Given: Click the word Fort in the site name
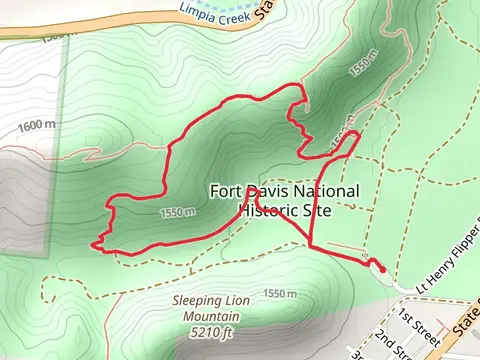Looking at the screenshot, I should click(x=226, y=191).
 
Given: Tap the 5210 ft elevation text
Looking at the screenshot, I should click(x=215, y=332).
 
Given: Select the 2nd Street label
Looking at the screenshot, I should click(x=395, y=340).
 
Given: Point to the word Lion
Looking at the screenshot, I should click(x=242, y=301).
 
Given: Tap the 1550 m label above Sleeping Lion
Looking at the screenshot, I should click(x=280, y=293).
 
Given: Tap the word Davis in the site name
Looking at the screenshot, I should click(x=269, y=191).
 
